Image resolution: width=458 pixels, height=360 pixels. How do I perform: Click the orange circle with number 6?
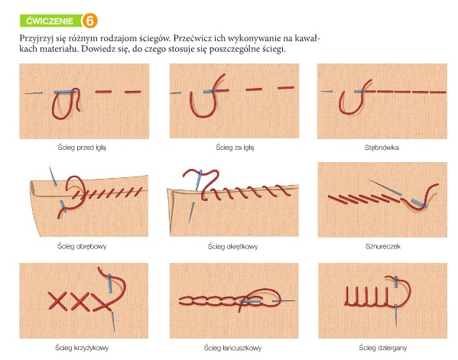(x=89, y=21)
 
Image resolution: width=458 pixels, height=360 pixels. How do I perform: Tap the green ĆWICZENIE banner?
(x=50, y=21)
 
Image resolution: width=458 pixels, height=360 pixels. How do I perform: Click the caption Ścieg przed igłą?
(x=82, y=148)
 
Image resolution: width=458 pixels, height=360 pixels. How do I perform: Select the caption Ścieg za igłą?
(x=235, y=148)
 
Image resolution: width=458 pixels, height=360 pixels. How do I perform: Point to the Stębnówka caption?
(x=382, y=148)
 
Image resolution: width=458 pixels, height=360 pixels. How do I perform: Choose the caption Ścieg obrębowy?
(x=82, y=246)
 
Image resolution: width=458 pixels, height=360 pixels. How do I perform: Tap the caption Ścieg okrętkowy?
(x=232, y=247)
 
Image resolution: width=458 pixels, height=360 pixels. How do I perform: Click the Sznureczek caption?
(x=382, y=246)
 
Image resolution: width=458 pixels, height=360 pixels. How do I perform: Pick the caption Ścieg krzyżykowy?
(x=82, y=348)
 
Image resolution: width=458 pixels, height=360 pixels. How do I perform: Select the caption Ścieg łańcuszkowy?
(x=232, y=348)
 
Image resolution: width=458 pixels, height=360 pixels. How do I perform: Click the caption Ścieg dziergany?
(x=382, y=348)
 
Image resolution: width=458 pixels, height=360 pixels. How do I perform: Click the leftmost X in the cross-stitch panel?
(x=57, y=300)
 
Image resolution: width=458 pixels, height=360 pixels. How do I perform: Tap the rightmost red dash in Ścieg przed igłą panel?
(x=133, y=92)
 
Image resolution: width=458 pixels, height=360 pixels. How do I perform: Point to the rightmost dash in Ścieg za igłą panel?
(x=286, y=88)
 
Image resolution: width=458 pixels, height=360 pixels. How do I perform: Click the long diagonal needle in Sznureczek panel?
(x=385, y=187)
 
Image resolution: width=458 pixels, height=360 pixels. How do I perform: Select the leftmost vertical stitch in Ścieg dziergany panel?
(x=347, y=296)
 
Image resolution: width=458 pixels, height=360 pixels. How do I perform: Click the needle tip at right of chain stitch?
(x=294, y=300)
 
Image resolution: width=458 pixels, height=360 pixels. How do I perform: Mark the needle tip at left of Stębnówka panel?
(x=320, y=92)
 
